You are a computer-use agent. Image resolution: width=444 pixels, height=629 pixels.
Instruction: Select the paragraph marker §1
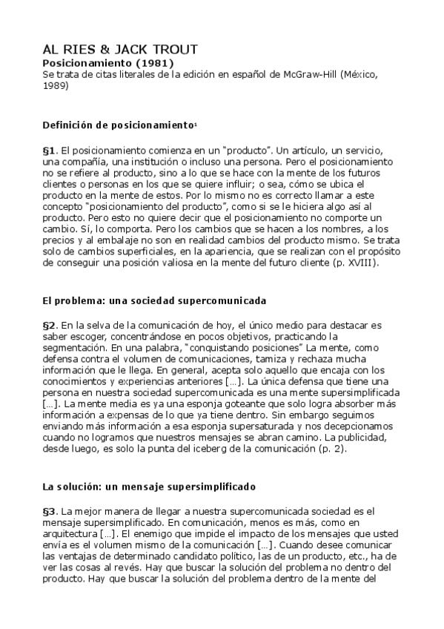point(49,150)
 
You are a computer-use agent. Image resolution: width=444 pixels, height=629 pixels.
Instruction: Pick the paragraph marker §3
point(49,512)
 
